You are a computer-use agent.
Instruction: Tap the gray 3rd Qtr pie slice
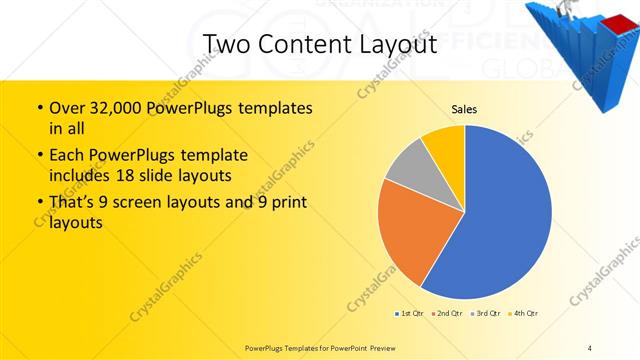tap(408, 167)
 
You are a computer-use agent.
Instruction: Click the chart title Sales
tap(465, 109)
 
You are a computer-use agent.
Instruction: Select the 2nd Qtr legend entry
tap(449, 314)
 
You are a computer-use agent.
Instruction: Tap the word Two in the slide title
tap(225, 45)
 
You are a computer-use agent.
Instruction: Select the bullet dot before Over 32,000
tap(39, 108)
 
